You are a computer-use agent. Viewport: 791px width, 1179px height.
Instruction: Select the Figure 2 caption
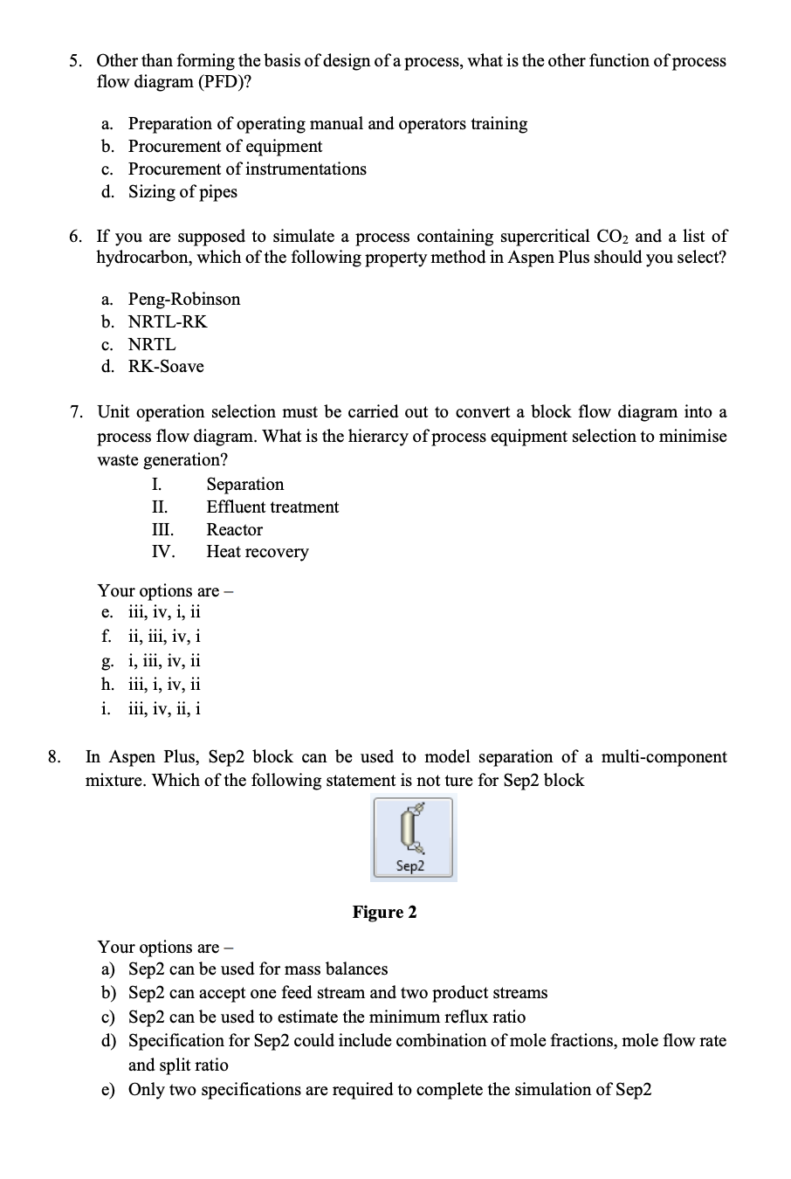[384, 913]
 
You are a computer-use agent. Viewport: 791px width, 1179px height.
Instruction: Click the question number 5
[77, 61]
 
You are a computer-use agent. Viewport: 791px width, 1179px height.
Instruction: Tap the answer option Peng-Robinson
[183, 300]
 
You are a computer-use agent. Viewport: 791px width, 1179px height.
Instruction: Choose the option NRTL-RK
[168, 322]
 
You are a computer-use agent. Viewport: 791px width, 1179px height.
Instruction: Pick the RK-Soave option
[166, 367]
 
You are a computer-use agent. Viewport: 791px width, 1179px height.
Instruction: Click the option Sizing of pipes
[182, 192]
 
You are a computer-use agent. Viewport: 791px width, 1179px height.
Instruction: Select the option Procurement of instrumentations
[247, 169]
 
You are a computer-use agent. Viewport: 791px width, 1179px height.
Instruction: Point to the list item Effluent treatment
[272, 507]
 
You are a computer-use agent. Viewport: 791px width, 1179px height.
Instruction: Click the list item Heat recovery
[258, 552]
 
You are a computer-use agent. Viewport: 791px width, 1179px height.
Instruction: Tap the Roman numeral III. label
[162, 530]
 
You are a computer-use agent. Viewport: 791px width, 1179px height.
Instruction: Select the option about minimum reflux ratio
[327, 1017]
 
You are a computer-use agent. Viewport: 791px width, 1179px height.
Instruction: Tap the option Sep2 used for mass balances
[258, 969]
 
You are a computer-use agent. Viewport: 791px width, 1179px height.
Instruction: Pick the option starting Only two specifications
[389, 1090]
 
